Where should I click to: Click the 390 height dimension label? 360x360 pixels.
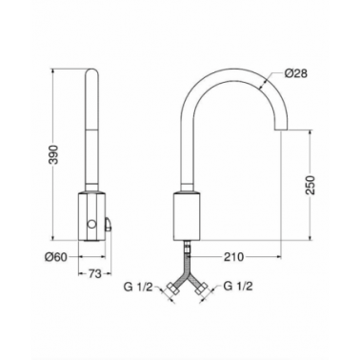pos(55,154)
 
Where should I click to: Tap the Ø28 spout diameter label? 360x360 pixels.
pos(296,73)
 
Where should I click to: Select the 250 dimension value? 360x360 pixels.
pos(310,185)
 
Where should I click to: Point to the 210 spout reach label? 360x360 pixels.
pos(234,257)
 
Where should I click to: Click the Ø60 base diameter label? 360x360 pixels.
pos(56,257)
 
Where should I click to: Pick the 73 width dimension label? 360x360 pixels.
pos(94,273)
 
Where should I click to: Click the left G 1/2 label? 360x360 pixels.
pos(138,287)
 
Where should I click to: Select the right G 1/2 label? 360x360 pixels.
pos(238,287)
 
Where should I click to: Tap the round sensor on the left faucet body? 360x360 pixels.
pos(91,225)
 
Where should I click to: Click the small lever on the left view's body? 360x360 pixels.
pos(109,224)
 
